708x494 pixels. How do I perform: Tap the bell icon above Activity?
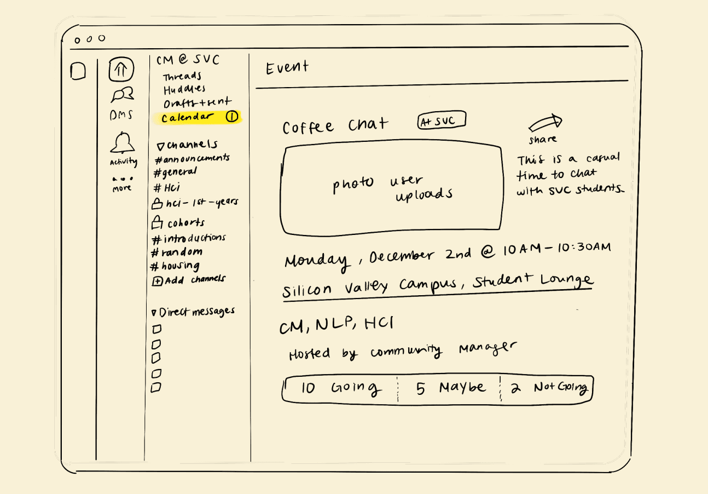123,143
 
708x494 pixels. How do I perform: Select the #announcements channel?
192,159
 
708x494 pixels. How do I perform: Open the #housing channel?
175,266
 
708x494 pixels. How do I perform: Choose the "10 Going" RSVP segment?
340,388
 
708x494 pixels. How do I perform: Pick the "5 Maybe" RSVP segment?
450,388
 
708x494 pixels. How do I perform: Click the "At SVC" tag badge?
441,121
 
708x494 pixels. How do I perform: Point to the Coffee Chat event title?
335,127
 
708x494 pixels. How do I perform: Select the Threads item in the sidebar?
182,77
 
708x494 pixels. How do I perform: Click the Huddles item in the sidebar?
184,89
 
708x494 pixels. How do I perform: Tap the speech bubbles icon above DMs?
123,95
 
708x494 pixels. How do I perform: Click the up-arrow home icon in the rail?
121,70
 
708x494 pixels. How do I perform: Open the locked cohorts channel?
178,223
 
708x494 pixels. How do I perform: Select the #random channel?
176,252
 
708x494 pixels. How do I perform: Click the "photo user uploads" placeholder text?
392,187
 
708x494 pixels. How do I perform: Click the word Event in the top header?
287,68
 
